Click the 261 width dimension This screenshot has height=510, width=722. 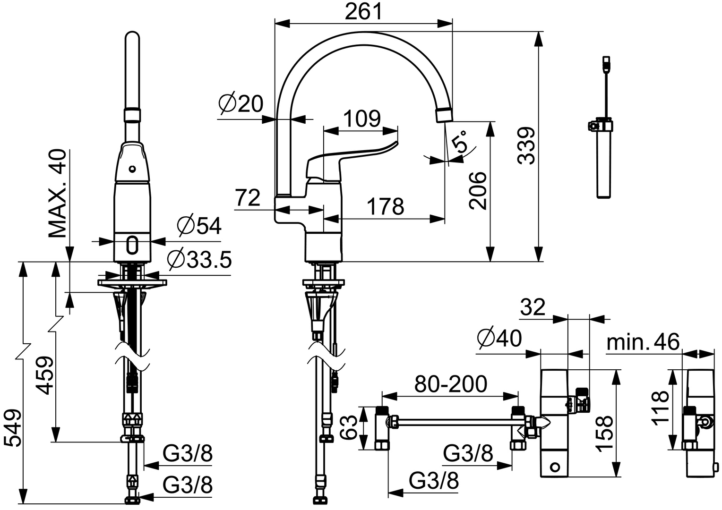[x=363, y=12]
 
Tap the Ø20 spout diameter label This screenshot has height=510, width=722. [x=241, y=104]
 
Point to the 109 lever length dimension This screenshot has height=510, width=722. [x=362, y=119]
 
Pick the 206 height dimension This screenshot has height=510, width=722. [x=478, y=191]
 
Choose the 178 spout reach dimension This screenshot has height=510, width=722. [x=386, y=206]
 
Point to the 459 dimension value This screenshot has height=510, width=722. [x=44, y=375]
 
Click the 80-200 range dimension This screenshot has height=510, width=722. [x=451, y=383]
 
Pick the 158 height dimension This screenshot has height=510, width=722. [x=603, y=434]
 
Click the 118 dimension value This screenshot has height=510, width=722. [x=660, y=408]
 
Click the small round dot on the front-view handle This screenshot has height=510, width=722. [x=132, y=169]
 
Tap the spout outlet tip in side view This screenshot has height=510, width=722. [x=444, y=116]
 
